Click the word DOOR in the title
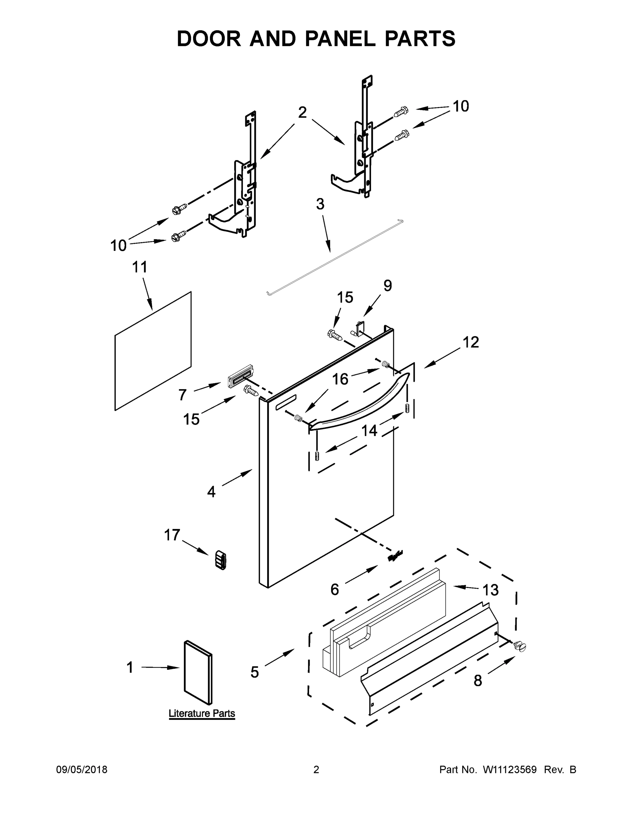209,39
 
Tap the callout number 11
140,268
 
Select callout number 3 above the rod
320,204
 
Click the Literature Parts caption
202,713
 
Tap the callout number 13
491,590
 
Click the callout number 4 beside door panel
211,492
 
